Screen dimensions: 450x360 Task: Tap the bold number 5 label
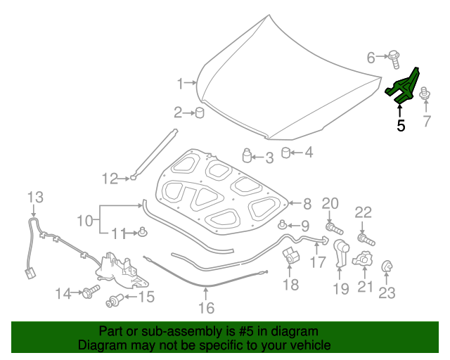pyautogui.click(x=401, y=127)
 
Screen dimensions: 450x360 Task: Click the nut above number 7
pyautogui.click(x=425, y=93)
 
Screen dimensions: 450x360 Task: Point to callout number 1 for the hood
pyautogui.click(x=181, y=84)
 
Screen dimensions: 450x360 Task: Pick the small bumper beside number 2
pyautogui.click(x=200, y=112)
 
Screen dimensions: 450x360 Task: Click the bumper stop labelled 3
pyautogui.click(x=247, y=155)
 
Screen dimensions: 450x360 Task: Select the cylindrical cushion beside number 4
pyautogui.click(x=285, y=152)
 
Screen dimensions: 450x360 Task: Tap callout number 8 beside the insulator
pyautogui.click(x=306, y=205)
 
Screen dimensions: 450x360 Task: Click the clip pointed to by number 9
pyautogui.click(x=282, y=225)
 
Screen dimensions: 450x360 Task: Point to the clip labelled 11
pyautogui.click(x=143, y=231)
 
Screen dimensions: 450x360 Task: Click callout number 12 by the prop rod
pyautogui.click(x=109, y=179)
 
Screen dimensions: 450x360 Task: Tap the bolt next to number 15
pyautogui.click(x=114, y=302)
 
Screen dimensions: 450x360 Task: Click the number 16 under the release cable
pyautogui.click(x=205, y=307)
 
